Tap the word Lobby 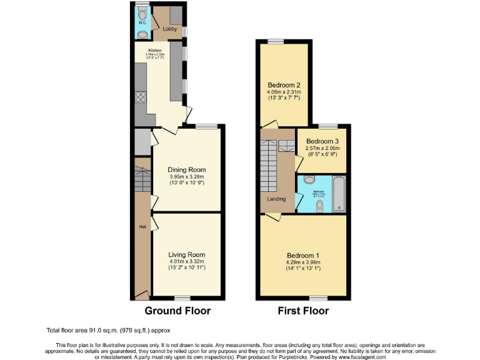pyautogui.click(x=169, y=29)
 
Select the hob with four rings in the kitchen pyautogui.click(x=139, y=97)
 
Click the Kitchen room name pyautogui.click(x=154, y=50)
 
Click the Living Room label pyautogui.click(x=186, y=254)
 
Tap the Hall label pyautogui.click(x=142, y=227)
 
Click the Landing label pyautogui.click(x=276, y=199)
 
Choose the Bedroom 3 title pyautogui.click(x=322, y=141)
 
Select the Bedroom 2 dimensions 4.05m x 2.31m pyautogui.click(x=284, y=92)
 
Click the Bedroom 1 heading pyautogui.click(x=303, y=256)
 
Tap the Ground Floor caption pyautogui.click(x=177, y=311)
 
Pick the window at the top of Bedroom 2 pyautogui.click(x=276, y=42)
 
